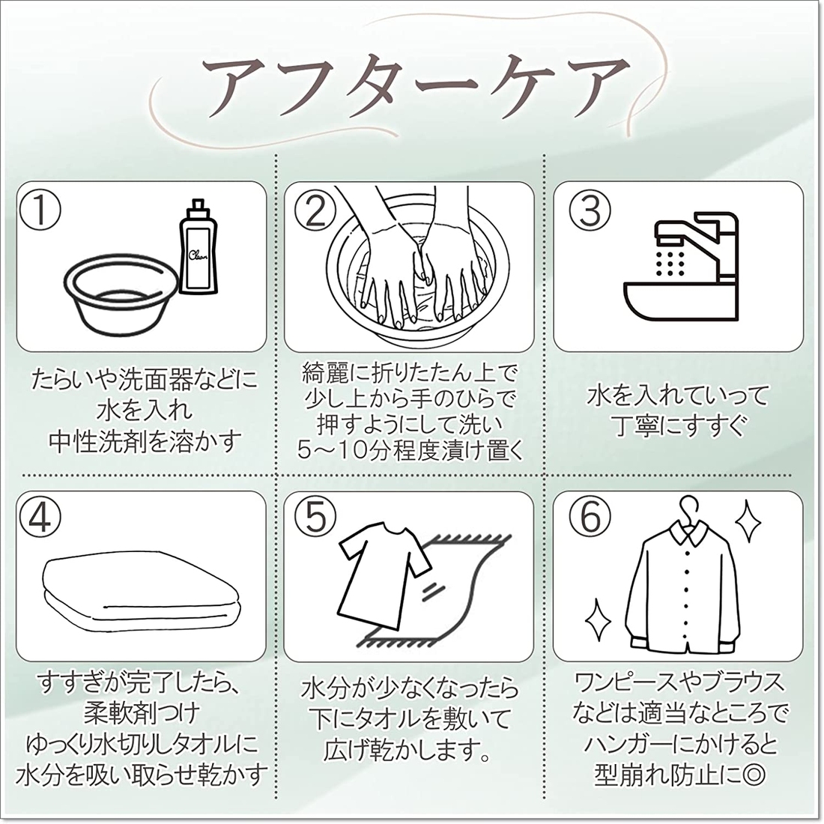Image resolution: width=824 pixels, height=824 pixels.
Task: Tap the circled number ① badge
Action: tap(40, 210)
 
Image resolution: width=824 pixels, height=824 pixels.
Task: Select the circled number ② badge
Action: tap(315, 210)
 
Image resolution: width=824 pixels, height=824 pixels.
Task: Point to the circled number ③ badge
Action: tap(590, 210)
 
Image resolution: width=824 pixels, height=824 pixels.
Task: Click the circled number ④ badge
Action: tap(40, 517)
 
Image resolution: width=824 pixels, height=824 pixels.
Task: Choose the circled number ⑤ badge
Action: tap(315, 517)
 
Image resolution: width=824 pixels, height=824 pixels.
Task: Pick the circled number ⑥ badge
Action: tap(590, 517)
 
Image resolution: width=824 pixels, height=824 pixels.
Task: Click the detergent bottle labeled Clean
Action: tap(198, 247)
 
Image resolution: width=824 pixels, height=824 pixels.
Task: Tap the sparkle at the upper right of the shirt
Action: tap(748, 521)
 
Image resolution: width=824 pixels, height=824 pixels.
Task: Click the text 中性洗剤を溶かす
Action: tap(145, 442)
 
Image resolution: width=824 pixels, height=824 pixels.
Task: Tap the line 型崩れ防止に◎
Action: tap(680, 774)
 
